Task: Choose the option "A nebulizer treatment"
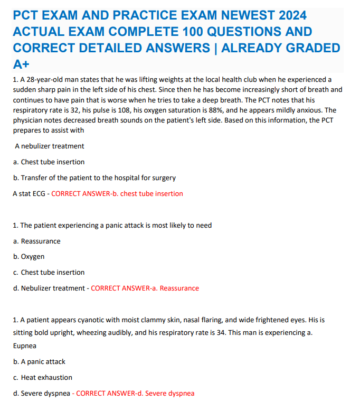[x=50, y=146]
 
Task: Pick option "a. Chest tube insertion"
[x=49, y=162]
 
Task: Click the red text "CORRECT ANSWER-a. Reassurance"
[x=145, y=288]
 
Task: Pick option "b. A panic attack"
[x=39, y=361]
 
